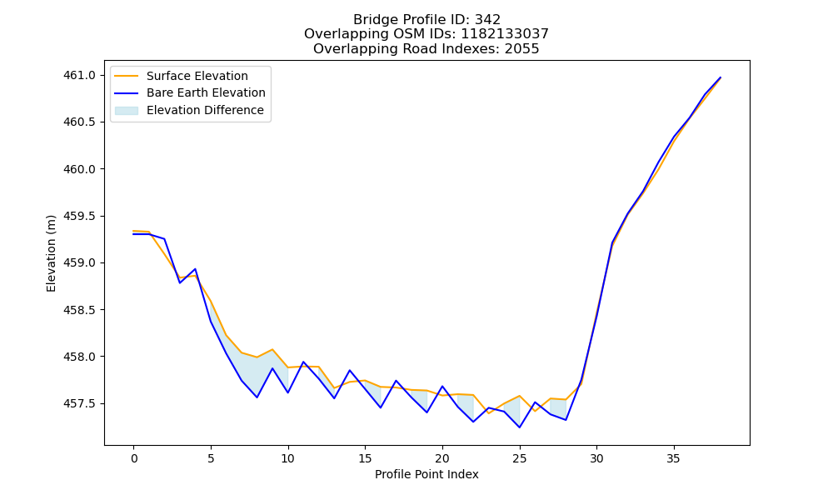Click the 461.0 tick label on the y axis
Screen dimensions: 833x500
[x=79, y=76]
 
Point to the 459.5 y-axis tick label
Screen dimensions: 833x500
[x=79, y=217]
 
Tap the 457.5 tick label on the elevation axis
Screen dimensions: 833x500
[x=79, y=404]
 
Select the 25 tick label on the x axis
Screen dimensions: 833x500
[x=520, y=458]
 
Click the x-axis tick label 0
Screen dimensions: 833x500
[x=134, y=458]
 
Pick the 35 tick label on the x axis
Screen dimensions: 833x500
[x=674, y=458]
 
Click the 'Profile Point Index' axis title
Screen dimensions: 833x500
[x=426, y=474]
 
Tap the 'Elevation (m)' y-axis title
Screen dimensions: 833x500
[x=51, y=253]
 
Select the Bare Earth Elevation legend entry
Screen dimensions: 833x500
[x=190, y=93]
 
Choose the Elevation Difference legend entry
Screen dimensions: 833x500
[x=189, y=110]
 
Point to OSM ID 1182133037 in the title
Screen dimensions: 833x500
[x=505, y=34]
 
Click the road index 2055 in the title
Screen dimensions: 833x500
[x=521, y=49]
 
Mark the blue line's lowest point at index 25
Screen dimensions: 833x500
[x=520, y=427]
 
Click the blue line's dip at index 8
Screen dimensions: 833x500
[x=257, y=397]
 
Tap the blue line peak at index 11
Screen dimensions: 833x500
[x=303, y=362]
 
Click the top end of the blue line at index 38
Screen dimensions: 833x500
[x=721, y=77]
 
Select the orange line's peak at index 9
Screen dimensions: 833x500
[x=272, y=349]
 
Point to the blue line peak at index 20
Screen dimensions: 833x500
[x=442, y=387]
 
